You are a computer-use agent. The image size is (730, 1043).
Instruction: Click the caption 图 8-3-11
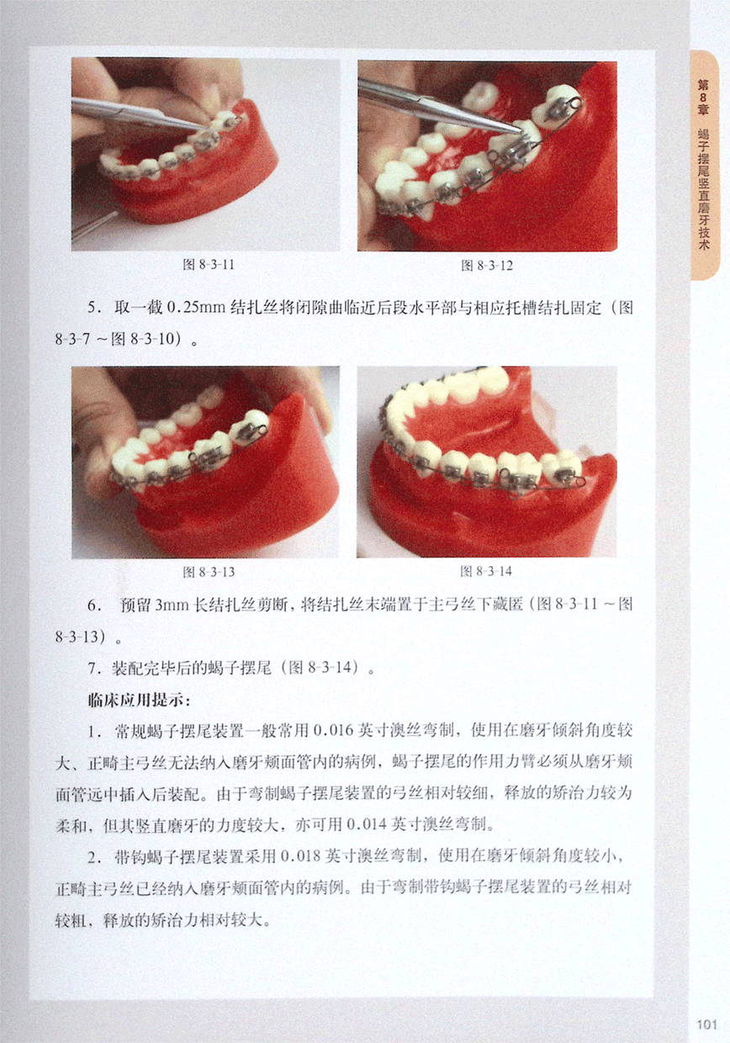208,265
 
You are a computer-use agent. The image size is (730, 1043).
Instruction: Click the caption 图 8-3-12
486,266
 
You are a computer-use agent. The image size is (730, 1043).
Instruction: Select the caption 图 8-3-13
208,572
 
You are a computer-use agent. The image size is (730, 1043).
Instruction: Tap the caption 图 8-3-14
486,571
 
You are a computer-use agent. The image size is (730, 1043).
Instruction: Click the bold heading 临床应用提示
139,700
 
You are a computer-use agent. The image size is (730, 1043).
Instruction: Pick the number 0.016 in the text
334,731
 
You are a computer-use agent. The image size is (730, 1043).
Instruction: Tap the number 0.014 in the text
367,824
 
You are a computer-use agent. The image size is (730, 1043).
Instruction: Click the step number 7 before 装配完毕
93,669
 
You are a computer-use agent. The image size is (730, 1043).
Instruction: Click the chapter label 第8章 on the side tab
703,98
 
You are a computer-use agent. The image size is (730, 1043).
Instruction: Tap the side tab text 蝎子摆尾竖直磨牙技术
703,190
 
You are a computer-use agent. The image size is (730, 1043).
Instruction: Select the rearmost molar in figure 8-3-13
251,426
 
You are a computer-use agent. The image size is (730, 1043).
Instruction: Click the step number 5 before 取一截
93,308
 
